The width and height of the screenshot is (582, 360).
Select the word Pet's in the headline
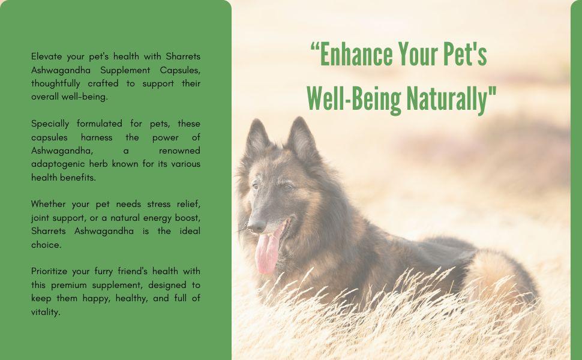click(x=465, y=55)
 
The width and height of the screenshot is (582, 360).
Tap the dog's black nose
click(x=256, y=226)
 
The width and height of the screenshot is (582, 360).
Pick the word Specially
click(x=50, y=124)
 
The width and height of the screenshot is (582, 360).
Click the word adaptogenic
click(x=61, y=164)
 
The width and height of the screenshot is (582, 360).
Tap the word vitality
click(x=45, y=311)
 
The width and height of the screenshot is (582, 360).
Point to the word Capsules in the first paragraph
click(x=181, y=70)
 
